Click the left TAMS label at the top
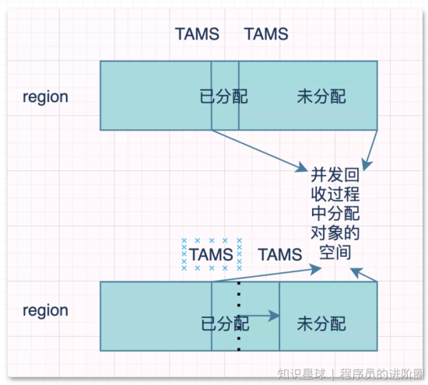pos(198,34)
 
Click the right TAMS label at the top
pos(266,34)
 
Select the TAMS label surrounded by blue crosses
pos(211,254)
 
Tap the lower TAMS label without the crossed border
pos(280,254)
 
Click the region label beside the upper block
pos(45,97)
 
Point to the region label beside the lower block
pos(45,310)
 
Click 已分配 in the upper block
pos(224,96)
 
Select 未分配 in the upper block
pos(321,96)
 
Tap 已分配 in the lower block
pos(225,324)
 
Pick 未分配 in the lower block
pos(321,324)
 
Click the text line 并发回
pos(335,175)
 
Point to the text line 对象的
pos(335,233)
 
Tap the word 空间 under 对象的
pos(335,252)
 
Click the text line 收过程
pos(335,194)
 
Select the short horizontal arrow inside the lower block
pos(259,316)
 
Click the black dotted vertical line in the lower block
pos(239,317)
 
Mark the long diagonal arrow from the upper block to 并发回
pos(260,151)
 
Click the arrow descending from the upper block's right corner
pos(370,151)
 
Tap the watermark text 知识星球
pos(301,374)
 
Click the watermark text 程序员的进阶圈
pos(382,374)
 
